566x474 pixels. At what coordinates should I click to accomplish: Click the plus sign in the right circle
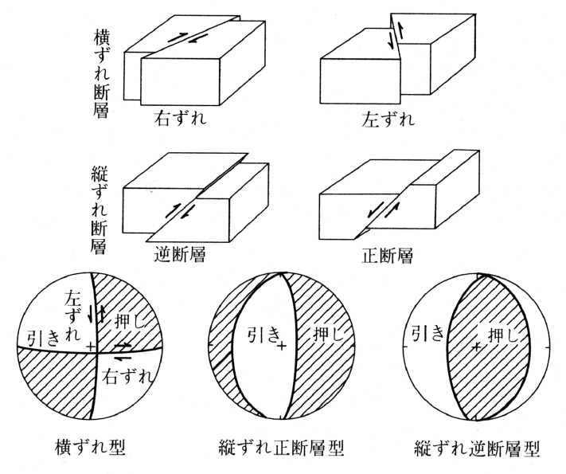tap(475, 347)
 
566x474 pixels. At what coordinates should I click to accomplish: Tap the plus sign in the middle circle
tap(282, 347)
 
